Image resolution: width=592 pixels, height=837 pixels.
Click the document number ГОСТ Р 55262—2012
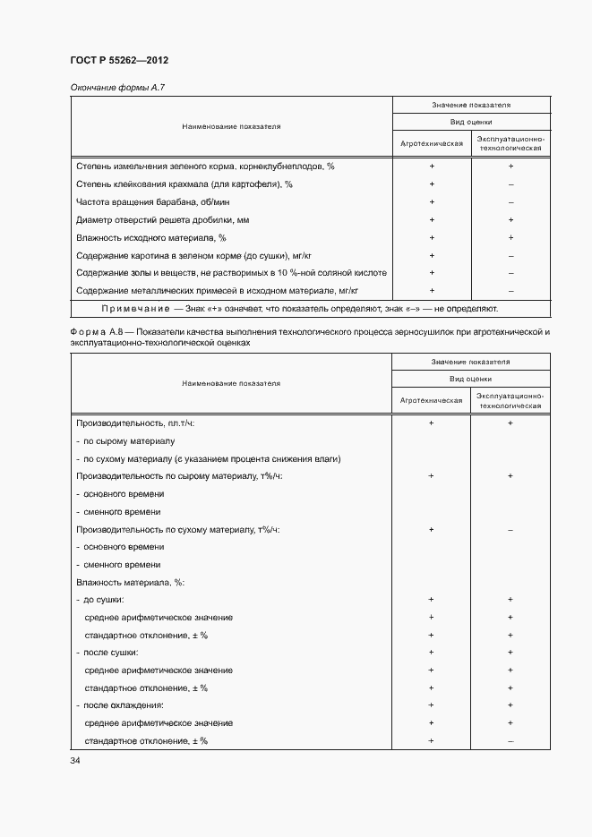click(x=119, y=60)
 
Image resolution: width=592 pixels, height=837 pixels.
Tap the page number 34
click(x=75, y=760)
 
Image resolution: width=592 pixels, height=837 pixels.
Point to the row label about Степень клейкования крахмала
click(x=184, y=184)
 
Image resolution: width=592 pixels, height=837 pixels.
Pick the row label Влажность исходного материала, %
click(x=151, y=237)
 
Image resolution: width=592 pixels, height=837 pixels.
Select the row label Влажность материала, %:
click(x=130, y=582)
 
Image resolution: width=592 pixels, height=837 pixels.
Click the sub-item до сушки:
click(x=103, y=600)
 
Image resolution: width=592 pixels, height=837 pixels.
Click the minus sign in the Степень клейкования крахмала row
click(x=510, y=184)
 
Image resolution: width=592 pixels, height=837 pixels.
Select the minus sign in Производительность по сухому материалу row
click(x=510, y=529)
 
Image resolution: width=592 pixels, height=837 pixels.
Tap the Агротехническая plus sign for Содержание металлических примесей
click(x=432, y=290)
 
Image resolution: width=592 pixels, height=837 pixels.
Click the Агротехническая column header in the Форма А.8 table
click(x=432, y=399)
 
